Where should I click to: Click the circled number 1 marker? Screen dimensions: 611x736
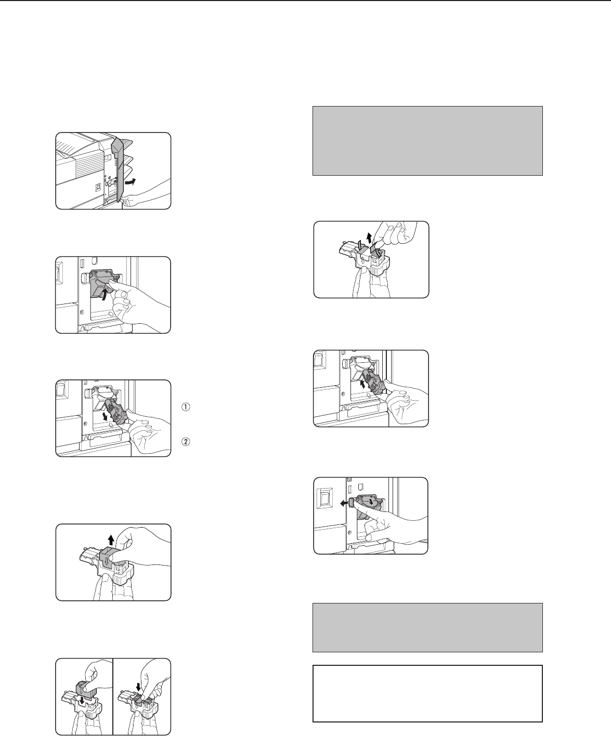[186, 407]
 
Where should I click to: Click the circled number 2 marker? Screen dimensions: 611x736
[186, 441]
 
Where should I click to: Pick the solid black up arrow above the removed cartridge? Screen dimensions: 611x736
[111, 540]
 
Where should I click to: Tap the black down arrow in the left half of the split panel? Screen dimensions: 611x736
[82, 701]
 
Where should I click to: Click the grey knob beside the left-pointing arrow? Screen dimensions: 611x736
[352, 503]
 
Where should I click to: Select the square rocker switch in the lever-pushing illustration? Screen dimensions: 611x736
[324, 498]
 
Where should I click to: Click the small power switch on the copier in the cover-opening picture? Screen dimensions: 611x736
[98, 186]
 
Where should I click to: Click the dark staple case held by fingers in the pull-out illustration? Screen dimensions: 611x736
[117, 411]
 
